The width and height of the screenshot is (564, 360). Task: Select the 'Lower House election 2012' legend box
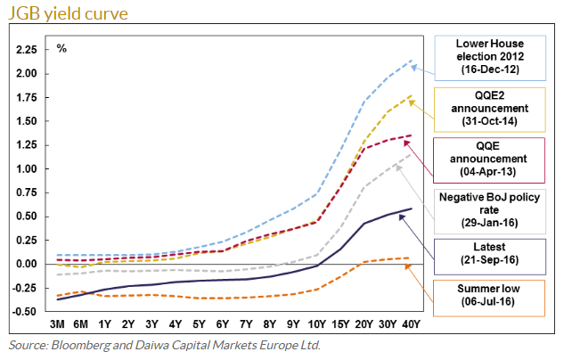point(490,56)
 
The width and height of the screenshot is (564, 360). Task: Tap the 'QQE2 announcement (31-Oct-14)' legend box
point(490,108)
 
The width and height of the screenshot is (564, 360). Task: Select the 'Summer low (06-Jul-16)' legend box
point(490,297)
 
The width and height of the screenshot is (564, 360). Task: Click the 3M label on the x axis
point(58,323)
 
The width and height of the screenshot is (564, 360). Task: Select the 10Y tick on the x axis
point(315,323)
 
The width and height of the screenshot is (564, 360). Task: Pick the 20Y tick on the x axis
point(363,323)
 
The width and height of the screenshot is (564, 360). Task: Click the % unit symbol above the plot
point(61,45)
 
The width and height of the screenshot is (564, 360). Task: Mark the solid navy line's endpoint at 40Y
point(410,209)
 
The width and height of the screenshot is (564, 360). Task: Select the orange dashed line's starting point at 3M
point(58,296)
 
